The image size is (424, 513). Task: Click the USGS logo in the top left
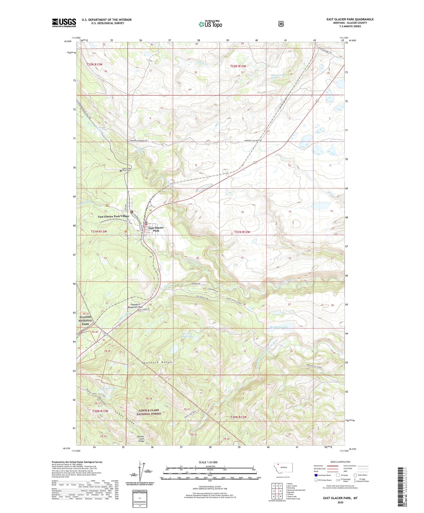pos(64,23)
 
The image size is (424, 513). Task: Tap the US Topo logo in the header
pos(210,24)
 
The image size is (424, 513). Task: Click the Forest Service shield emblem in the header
pos(281,24)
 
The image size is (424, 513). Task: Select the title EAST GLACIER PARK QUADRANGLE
pos(350,19)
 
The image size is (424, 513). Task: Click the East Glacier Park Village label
pos(113,216)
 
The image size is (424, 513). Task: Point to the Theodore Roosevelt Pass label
pos(135,305)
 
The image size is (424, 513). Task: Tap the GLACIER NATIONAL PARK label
pos(85,320)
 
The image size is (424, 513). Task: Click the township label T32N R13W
pos(94,65)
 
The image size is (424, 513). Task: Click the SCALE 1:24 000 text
pos(208,462)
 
